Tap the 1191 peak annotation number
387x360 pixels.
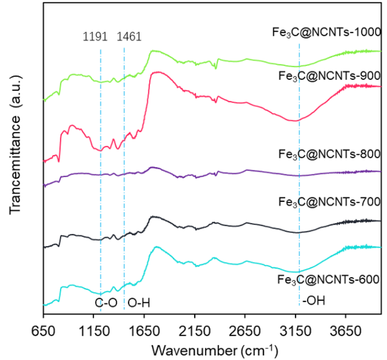(95, 36)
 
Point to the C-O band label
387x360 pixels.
(106, 303)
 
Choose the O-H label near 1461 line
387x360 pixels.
(139, 303)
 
